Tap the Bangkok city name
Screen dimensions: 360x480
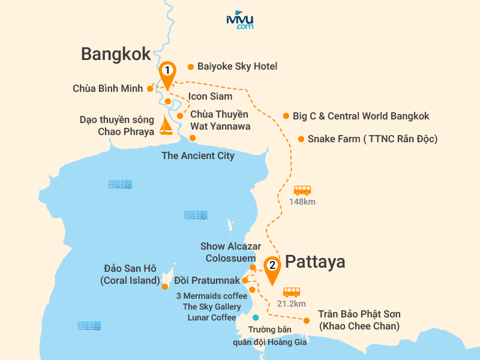[116, 55]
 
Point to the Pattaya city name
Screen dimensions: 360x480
[315, 262]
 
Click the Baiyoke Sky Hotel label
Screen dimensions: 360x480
[237, 67]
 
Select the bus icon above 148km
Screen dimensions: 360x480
[302, 190]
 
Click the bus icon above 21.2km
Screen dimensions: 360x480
[292, 292]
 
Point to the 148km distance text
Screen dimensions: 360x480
[302, 202]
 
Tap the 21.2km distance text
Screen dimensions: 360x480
[292, 304]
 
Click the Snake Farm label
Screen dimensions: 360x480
[372, 139]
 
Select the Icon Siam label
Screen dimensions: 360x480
[210, 96]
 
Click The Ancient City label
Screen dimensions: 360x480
[198, 156]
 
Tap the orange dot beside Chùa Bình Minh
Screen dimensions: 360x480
[149, 89]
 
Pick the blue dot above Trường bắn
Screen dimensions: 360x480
[256, 317]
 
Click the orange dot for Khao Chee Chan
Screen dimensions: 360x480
[307, 320]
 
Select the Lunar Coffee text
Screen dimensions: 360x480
[212, 317]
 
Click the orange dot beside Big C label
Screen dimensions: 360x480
[286, 116]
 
